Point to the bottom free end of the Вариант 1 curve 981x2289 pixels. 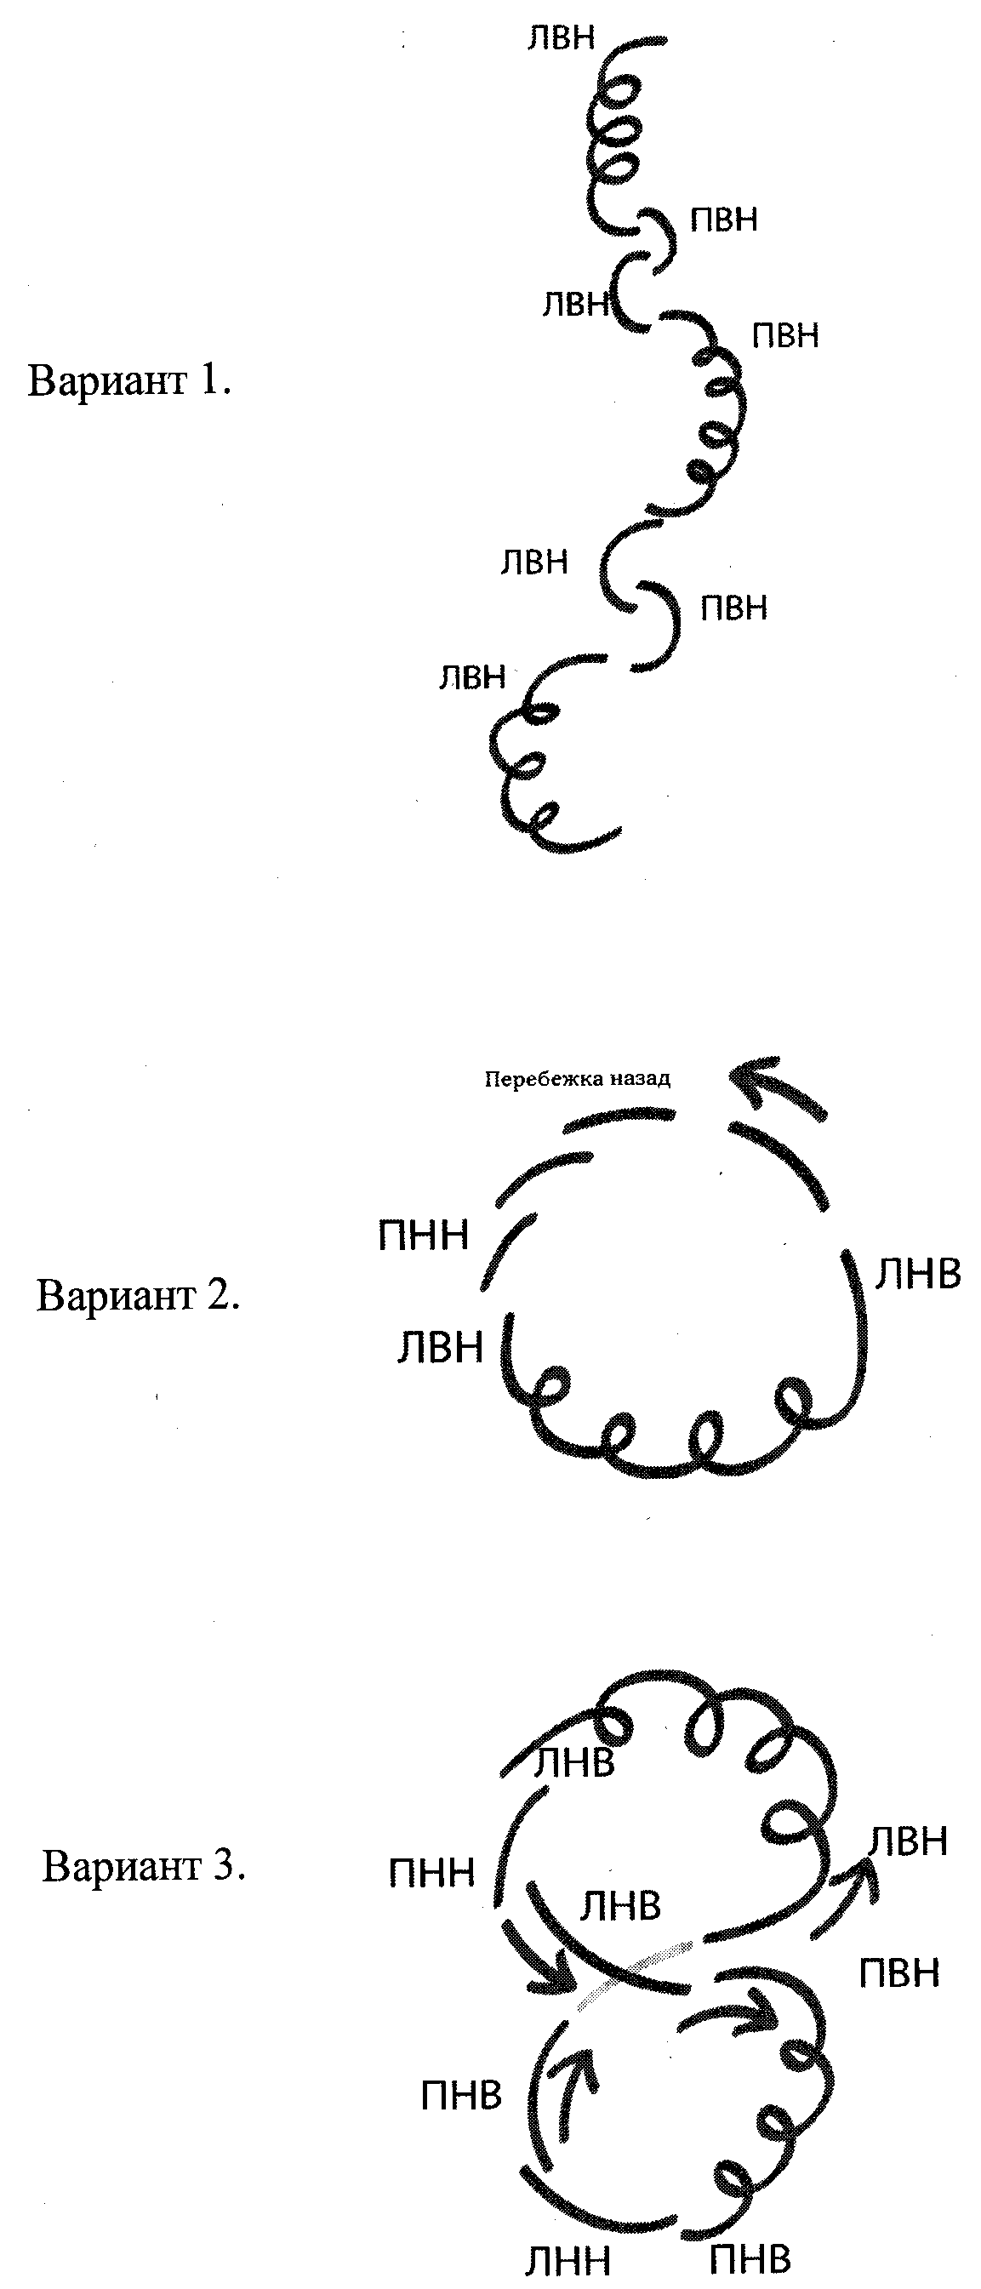coord(619,832)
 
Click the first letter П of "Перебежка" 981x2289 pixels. coord(490,1080)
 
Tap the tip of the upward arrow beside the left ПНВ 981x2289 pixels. coord(582,2046)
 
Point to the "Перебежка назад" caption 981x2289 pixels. coord(577,1080)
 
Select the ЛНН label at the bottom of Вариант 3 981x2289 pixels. coord(567,2254)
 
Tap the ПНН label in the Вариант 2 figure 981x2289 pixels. coord(423,1236)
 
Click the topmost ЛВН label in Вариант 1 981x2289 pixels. coord(561,38)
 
